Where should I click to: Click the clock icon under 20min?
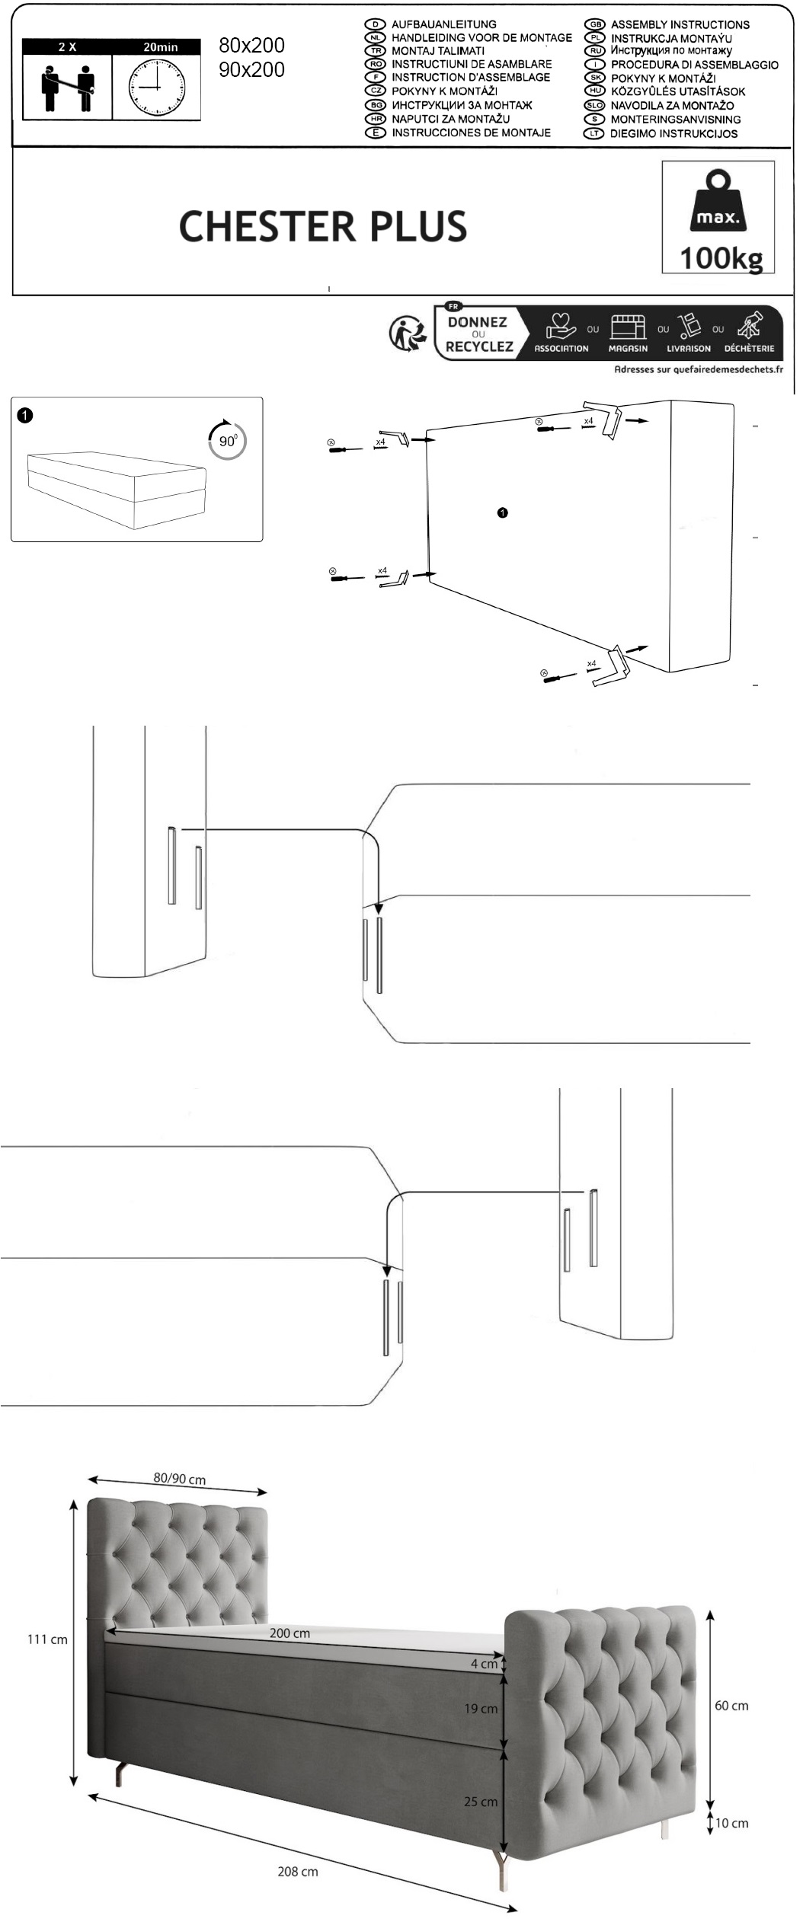(157, 87)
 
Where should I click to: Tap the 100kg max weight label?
(721, 257)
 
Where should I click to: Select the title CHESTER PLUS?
(323, 226)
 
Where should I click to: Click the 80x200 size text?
(251, 46)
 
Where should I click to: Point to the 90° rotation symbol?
(227, 439)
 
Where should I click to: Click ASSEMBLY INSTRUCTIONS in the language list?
(680, 24)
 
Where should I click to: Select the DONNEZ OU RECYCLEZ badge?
(479, 334)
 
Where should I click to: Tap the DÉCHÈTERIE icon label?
(749, 349)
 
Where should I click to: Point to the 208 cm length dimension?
(298, 1871)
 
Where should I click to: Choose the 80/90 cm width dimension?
(180, 1478)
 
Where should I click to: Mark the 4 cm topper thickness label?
(484, 1664)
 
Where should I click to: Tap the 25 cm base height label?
(481, 1801)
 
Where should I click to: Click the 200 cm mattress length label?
(290, 1633)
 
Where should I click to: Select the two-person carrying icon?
(67, 87)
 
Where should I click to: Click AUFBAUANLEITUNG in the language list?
(443, 24)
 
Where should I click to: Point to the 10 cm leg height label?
(731, 1823)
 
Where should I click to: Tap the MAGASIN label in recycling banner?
(628, 349)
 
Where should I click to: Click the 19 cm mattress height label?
(481, 1708)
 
